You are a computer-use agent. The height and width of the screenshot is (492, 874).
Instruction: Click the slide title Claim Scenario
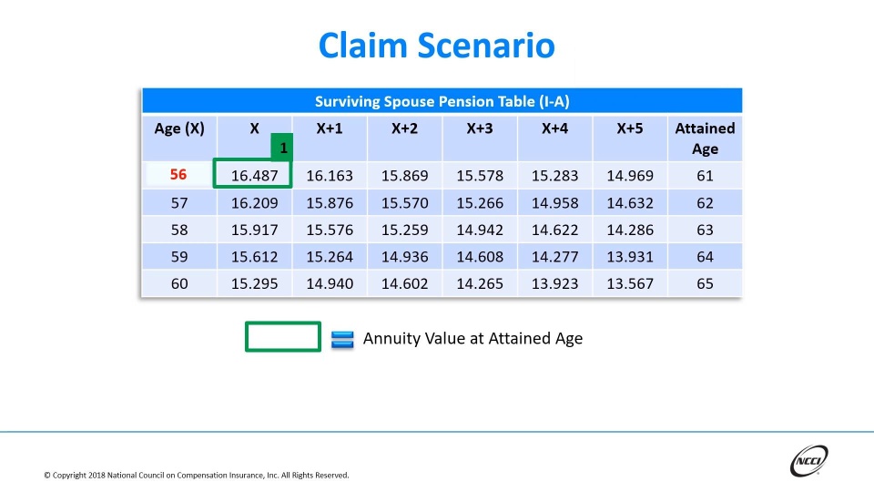436,45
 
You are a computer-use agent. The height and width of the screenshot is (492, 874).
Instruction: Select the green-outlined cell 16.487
254,175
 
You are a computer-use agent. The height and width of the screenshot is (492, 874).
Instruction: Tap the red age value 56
178,175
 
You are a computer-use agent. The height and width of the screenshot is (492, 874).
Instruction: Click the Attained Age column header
705,138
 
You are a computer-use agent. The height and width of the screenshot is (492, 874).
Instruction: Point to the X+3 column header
479,128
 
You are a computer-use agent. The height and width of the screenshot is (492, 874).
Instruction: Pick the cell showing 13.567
629,283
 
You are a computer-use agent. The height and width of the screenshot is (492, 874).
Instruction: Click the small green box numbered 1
282,146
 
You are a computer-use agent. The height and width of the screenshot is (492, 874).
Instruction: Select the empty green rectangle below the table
283,336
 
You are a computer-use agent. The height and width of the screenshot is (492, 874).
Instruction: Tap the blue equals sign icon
342,339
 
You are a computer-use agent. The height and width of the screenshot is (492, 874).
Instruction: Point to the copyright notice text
196,475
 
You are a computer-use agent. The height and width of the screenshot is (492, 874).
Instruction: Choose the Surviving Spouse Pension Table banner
442,101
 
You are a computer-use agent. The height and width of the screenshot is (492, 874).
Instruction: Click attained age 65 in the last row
705,283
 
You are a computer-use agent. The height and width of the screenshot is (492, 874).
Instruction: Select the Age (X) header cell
178,128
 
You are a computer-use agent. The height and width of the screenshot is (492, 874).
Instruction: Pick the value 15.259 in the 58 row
404,230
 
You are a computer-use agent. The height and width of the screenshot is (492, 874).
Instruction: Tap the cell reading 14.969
629,175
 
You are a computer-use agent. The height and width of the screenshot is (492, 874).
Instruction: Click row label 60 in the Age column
178,283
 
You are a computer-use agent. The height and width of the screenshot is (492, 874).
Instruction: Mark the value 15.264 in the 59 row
330,257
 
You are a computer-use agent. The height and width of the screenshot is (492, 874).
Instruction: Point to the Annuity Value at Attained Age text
473,338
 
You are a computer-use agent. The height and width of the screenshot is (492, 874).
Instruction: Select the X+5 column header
629,128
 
